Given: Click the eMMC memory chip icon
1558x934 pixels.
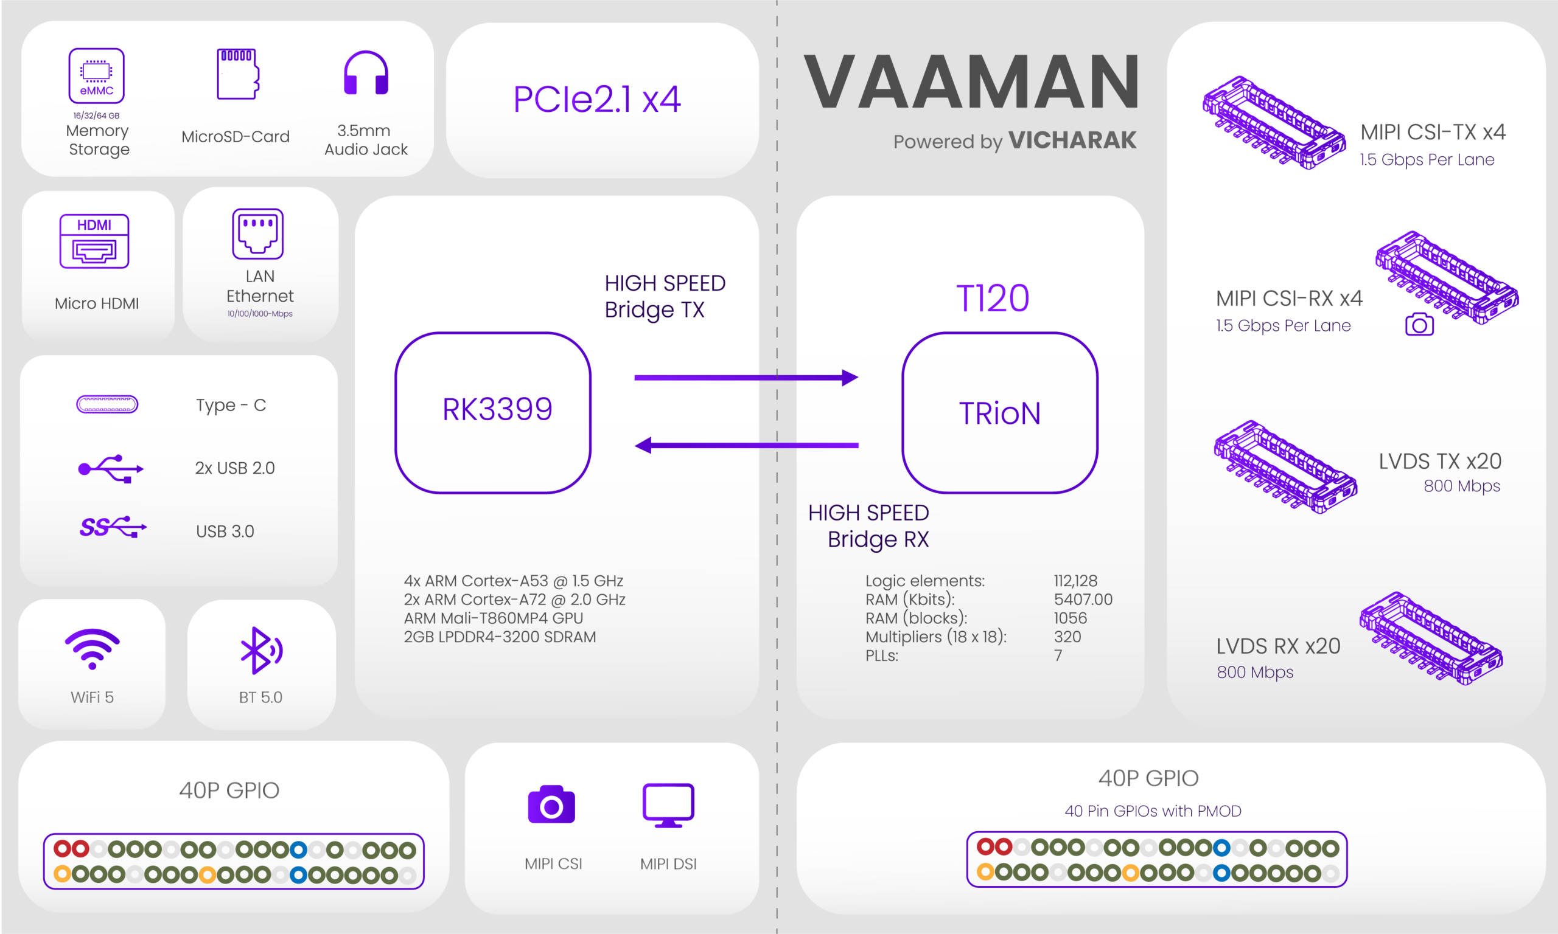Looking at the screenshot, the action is (x=96, y=75).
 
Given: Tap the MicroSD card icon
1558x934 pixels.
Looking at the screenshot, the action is (x=238, y=74).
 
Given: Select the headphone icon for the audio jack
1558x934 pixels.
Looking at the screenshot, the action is (x=366, y=73).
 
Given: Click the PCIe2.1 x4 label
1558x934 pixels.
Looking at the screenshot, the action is (x=597, y=99).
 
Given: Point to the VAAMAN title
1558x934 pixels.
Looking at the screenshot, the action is (x=972, y=81).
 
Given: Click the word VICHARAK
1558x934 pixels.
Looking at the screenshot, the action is (x=1072, y=140).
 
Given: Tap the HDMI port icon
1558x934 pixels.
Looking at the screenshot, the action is (x=94, y=241).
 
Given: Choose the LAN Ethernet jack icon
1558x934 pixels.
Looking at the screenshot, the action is (x=258, y=233).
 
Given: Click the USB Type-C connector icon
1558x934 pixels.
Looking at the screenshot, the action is (x=107, y=404).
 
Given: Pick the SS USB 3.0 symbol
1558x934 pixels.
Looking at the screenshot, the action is (x=113, y=527).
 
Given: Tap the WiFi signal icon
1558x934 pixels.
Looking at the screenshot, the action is (x=93, y=648).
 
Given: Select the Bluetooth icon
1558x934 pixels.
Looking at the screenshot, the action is (x=261, y=650).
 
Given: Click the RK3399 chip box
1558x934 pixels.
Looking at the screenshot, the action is (x=493, y=413).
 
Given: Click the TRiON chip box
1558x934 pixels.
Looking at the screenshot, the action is (x=1000, y=413).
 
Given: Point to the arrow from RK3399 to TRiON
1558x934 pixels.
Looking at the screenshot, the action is (x=746, y=378).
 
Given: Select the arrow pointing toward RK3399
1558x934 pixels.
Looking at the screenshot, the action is (x=746, y=446).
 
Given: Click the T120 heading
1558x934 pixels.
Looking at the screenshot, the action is (x=993, y=298).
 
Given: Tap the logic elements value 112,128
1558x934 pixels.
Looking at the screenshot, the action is (x=1075, y=580).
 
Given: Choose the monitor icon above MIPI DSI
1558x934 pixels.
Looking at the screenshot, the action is (x=668, y=805).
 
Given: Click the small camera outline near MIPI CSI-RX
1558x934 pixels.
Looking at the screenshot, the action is (x=1419, y=324).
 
